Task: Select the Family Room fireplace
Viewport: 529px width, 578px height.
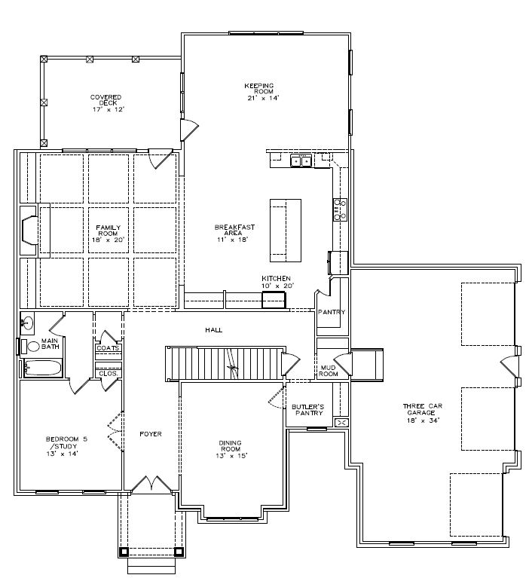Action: coord(29,231)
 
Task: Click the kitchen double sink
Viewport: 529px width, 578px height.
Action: coord(301,161)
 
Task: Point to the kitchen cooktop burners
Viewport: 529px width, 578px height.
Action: coord(341,209)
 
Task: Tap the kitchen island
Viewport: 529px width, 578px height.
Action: coord(286,231)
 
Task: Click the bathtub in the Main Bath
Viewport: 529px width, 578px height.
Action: coord(43,368)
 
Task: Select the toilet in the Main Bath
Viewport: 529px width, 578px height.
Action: coord(30,347)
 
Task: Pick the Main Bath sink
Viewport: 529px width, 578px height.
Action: coord(27,323)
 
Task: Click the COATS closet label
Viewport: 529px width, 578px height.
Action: coord(108,348)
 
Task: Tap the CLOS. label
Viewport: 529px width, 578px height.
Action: coord(109,374)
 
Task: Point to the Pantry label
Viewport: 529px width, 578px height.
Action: coord(332,312)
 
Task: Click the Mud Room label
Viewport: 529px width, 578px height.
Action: coord(328,371)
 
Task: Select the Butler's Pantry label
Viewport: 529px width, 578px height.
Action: coord(307,410)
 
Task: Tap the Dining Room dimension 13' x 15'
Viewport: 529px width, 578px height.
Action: coord(231,456)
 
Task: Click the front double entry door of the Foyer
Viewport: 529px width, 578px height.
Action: coord(151,484)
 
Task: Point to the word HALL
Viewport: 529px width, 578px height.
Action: coord(214,330)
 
